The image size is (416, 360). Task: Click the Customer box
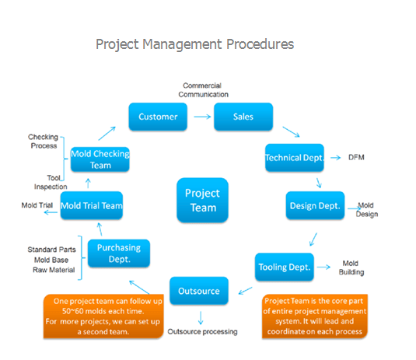point(158,117)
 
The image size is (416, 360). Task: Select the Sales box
point(243,117)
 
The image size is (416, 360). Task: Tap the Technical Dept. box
point(295,158)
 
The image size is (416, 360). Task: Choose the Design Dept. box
point(315,205)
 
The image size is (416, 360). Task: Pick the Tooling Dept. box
point(285,267)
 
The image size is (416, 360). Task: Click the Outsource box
point(199,291)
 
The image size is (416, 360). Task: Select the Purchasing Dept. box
point(119,253)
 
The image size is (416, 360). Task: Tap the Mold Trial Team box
point(92,205)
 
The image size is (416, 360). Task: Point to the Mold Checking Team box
point(100,159)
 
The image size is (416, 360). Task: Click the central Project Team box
point(202,200)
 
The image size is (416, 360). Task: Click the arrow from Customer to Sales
point(202,117)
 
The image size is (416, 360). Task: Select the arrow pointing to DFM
point(336,158)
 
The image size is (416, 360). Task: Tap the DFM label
point(356,157)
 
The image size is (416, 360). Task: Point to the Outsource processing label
point(202,331)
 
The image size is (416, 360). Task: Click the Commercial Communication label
point(203,90)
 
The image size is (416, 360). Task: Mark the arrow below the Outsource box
point(201,318)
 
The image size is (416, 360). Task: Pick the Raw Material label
point(54,270)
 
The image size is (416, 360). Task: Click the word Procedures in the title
point(260,44)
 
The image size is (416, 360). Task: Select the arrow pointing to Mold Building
point(323,267)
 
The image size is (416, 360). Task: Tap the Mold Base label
point(51,260)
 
